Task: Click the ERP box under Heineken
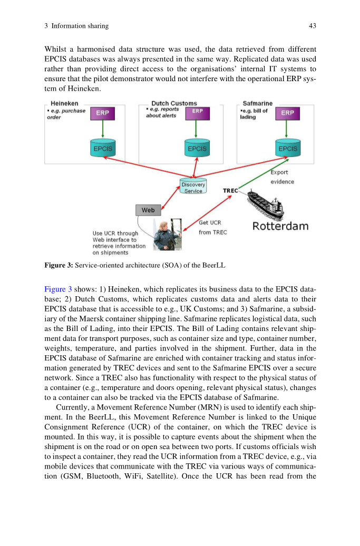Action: point(102,113)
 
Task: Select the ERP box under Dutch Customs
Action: point(197,113)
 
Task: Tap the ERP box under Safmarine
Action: point(287,113)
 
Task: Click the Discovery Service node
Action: point(193,187)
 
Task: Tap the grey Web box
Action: point(148,210)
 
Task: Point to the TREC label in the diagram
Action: point(230,190)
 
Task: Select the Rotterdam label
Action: point(280,227)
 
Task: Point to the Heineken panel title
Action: point(64,104)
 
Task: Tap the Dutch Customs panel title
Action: point(174,104)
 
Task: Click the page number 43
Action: point(312,26)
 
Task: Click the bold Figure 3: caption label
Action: point(59,265)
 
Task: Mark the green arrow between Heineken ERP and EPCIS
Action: point(102,130)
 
